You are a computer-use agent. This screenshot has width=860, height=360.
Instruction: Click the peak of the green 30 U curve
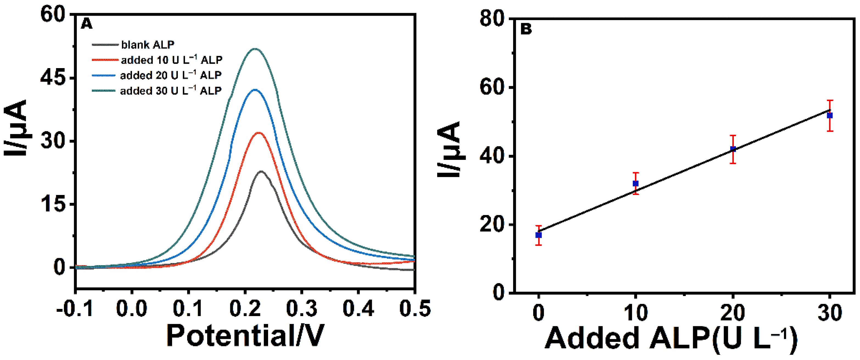(255, 49)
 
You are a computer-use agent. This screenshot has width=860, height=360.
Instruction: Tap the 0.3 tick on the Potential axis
(302, 309)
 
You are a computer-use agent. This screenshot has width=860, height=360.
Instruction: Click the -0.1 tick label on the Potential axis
(75, 309)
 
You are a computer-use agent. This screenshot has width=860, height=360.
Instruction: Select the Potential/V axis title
(245, 336)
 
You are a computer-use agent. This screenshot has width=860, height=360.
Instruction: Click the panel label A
(86, 24)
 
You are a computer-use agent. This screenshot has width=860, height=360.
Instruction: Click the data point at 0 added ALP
(538, 235)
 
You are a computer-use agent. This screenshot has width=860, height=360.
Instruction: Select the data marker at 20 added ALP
(733, 149)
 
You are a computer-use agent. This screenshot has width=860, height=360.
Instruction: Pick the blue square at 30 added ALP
(830, 116)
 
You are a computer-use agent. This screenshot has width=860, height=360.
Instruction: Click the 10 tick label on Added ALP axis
(636, 313)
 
